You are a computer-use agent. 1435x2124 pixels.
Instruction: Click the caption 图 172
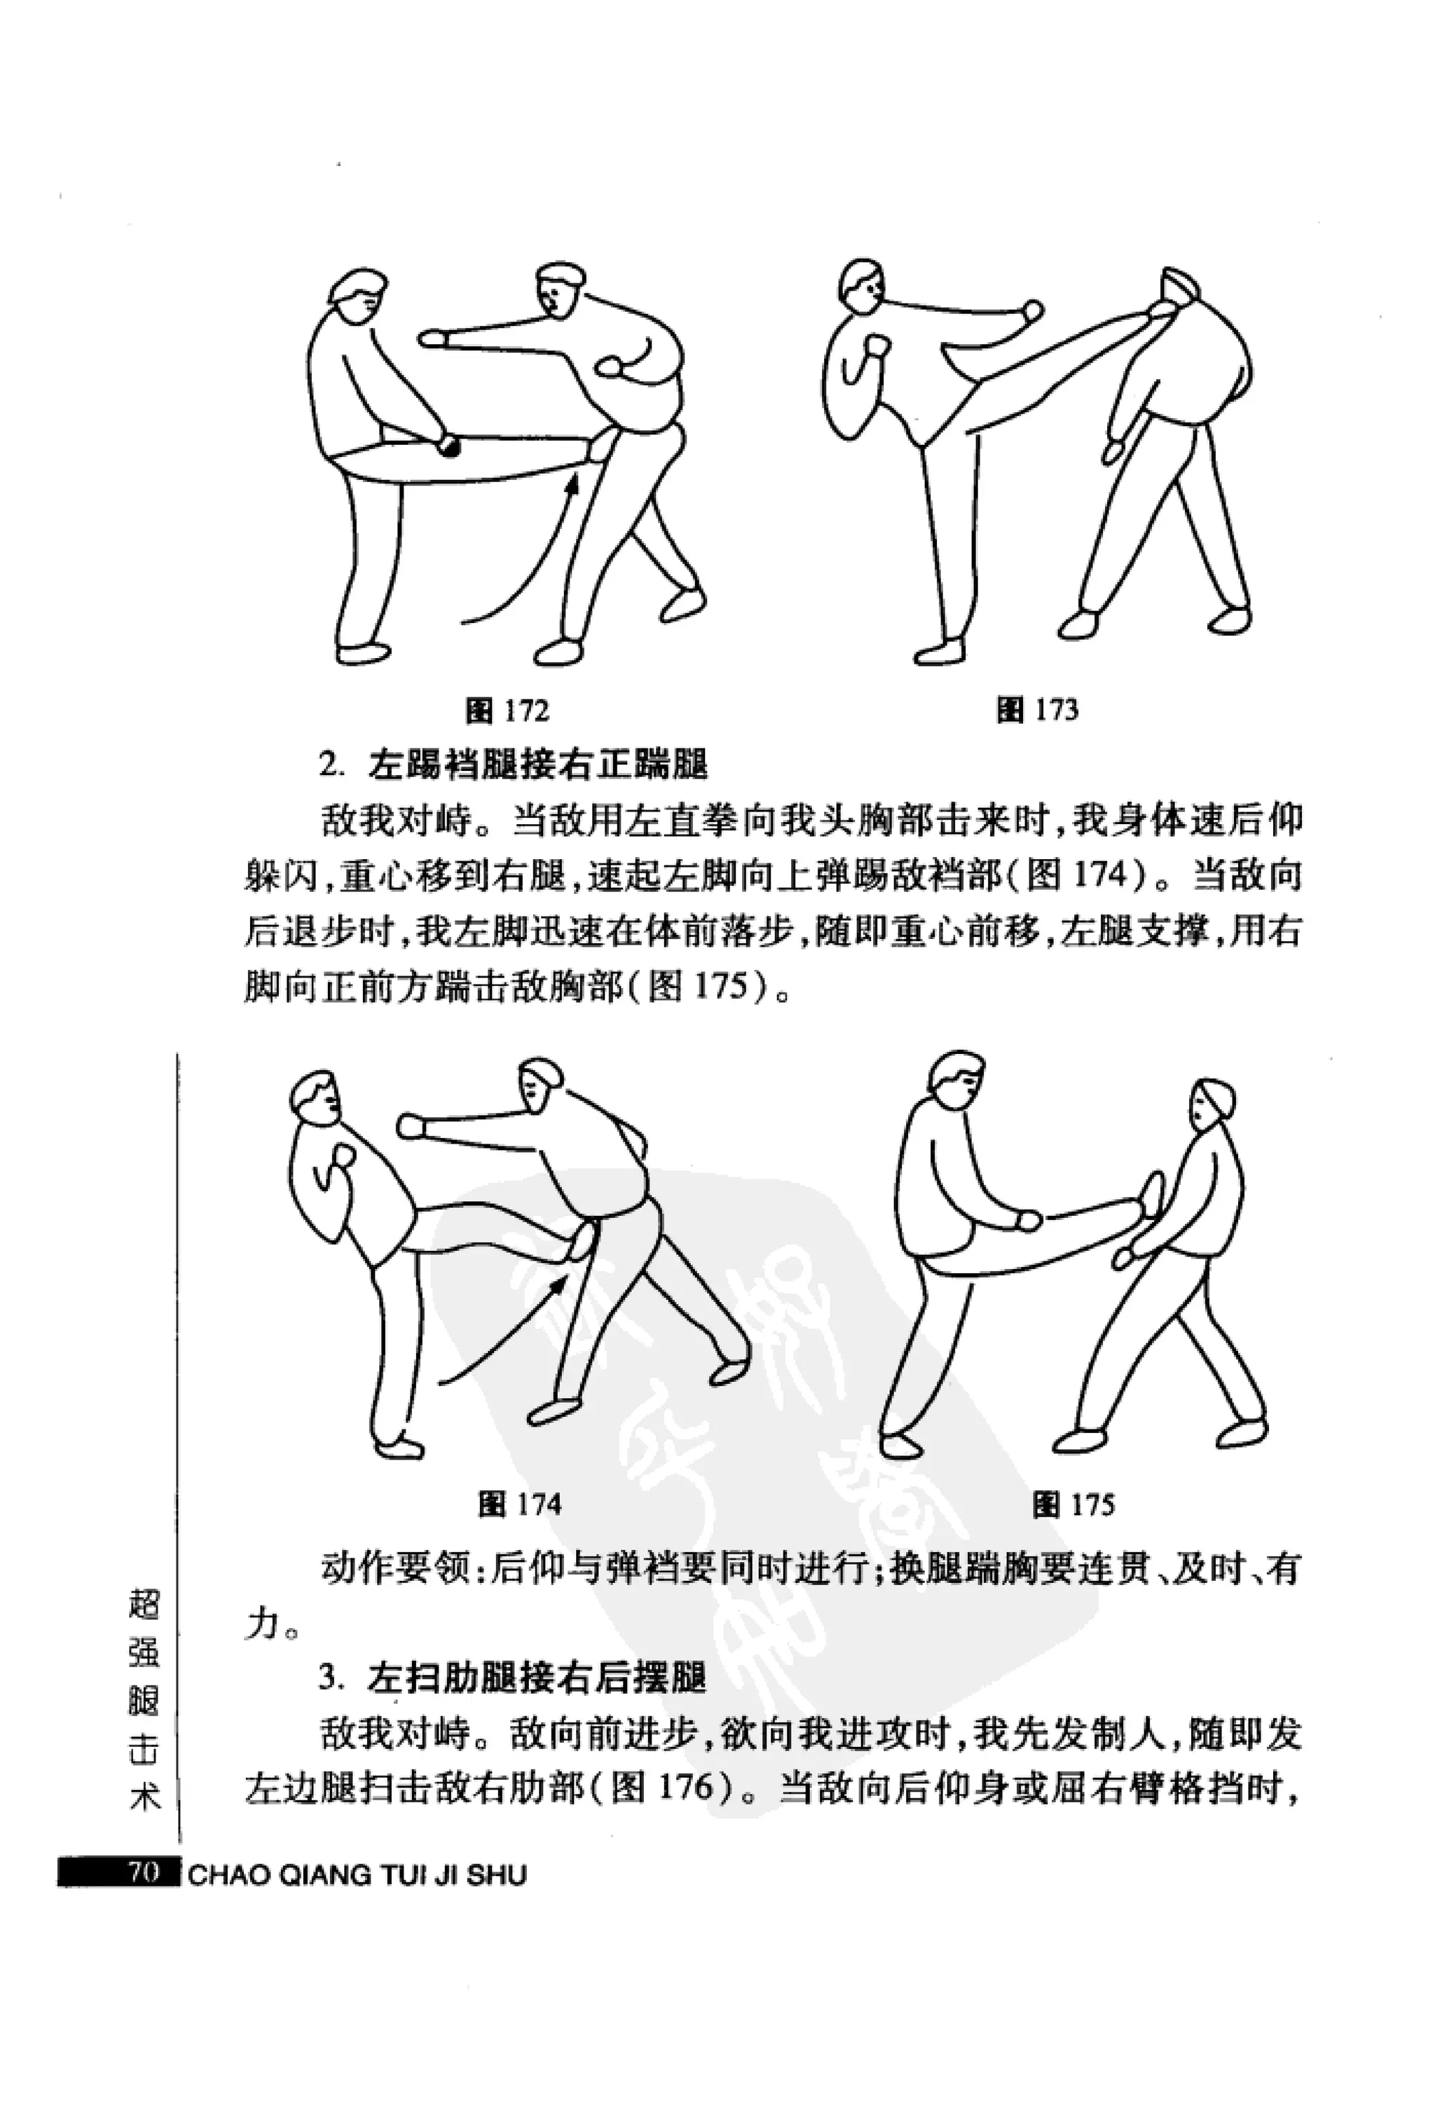coord(507,709)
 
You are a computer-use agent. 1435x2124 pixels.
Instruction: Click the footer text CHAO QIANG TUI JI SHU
coord(357,1875)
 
